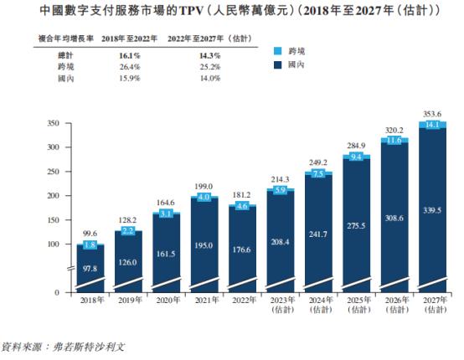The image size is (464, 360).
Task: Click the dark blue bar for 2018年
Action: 90,270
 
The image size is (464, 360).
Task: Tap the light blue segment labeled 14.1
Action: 434,125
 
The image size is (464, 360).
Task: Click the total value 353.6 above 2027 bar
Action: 434,113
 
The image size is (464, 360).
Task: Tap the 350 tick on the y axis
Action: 54,123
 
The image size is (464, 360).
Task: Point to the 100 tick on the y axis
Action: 54,244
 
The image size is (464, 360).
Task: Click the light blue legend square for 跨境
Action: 278,49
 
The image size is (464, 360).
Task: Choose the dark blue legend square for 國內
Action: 278,64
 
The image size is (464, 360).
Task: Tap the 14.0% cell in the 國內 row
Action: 185,78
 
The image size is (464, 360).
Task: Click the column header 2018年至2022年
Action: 124,38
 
